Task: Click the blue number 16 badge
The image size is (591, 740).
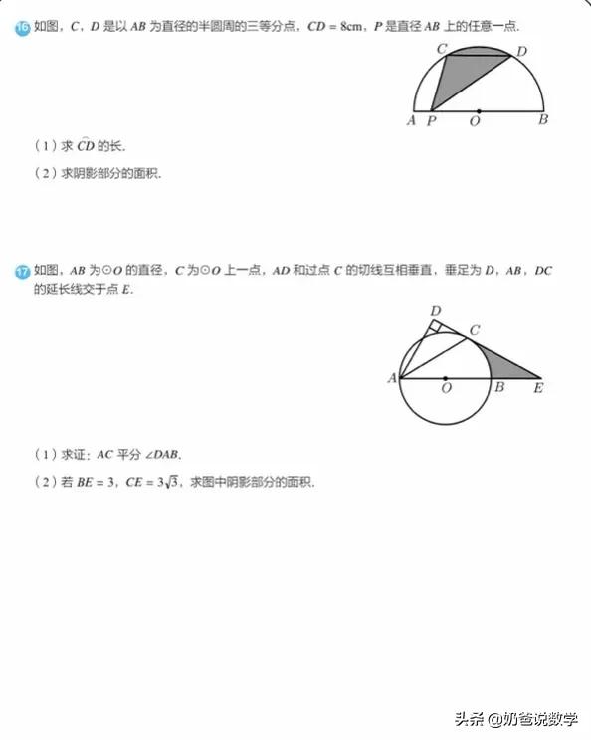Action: click(21, 29)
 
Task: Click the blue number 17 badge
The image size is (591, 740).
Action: click(21, 271)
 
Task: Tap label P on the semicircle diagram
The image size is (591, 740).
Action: click(431, 121)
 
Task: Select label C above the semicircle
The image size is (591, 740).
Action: click(441, 48)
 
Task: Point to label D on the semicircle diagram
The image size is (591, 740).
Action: click(522, 51)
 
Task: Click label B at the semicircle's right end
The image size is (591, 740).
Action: click(542, 121)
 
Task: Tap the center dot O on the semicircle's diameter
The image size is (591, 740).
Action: click(479, 109)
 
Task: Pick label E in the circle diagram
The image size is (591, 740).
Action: click(538, 388)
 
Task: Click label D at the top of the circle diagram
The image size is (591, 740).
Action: click(435, 312)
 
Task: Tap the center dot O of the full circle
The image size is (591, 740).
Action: click(445, 378)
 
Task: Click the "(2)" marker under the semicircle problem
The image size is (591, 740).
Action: click(45, 172)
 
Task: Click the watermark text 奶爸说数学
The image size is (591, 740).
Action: click(541, 719)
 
